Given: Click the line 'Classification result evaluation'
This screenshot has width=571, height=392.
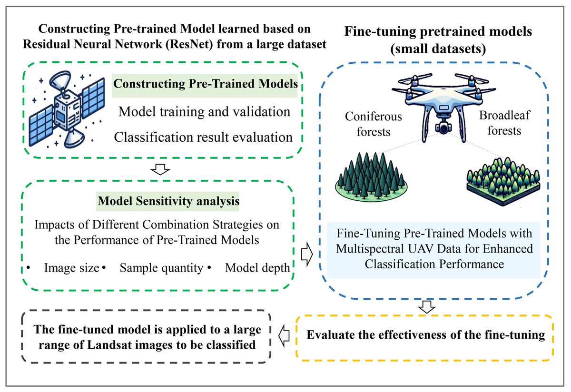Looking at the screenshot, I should tap(203, 137).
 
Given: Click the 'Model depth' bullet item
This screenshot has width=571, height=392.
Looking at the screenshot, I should tap(257, 268).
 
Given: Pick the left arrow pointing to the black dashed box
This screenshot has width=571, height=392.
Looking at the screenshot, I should tap(284, 335).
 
